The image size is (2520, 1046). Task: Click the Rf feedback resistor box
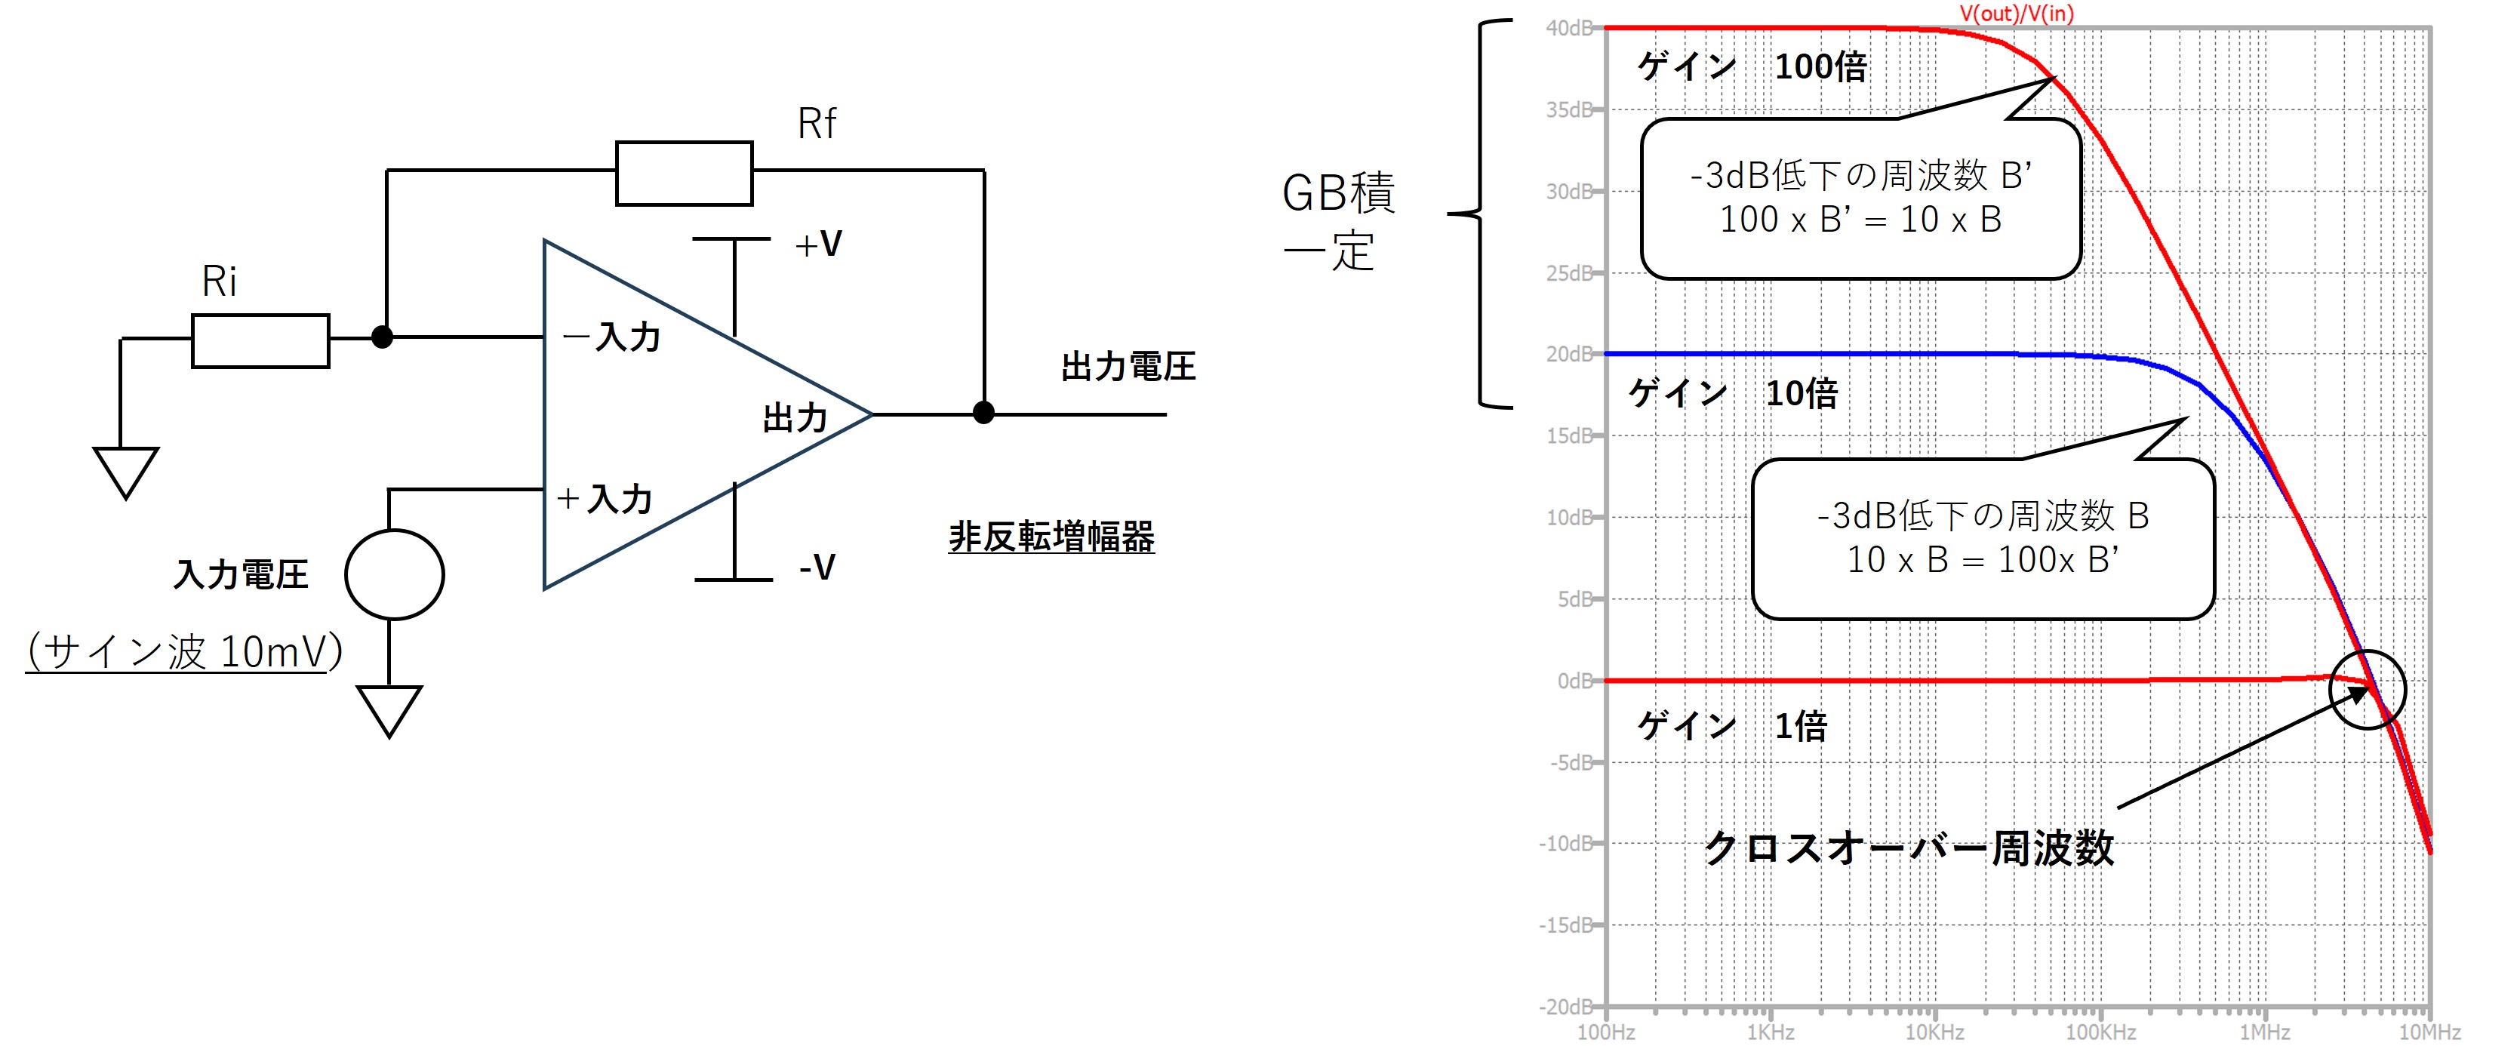click(684, 173)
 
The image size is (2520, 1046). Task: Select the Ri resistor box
click(260, 340)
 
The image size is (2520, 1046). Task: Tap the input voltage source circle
click(394, 574)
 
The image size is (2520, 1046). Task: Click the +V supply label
click(819, 244)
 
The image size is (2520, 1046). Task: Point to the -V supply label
click(817, 567)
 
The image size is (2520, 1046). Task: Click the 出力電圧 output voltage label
click(1128, 367)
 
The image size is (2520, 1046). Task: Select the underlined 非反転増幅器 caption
click(1051, 537)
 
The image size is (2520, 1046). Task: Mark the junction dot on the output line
click(983, 413)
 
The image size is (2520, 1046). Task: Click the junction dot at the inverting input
click(383, 337)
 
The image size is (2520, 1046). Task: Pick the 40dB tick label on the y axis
click(1569, 29)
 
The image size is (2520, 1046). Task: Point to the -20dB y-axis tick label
click(1565, 1006)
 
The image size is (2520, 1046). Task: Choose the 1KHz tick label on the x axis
click(1770, 1032)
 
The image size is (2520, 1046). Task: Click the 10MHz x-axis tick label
click(2429, 1032)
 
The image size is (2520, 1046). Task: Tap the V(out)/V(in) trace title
click(2016, 13)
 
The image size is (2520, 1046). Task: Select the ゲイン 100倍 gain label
click(1752, 66)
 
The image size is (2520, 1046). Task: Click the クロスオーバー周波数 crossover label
click(1909, 848)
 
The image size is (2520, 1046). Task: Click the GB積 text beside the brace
click(1338, 194)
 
